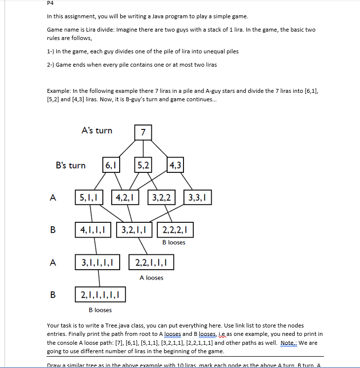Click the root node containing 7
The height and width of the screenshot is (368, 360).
142,132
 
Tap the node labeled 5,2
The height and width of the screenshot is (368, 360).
143,165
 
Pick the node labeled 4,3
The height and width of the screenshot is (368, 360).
175,165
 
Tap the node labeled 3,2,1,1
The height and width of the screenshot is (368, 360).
135,230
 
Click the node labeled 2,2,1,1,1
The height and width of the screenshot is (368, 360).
151,262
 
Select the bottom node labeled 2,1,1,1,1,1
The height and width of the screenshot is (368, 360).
100,295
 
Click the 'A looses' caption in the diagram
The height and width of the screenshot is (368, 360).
151,278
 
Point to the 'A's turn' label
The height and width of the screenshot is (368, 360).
96,131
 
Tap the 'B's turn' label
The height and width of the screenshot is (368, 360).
70,165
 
